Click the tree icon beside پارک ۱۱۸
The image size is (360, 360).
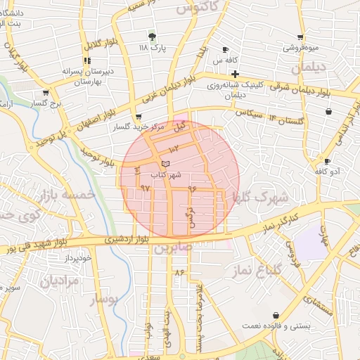pyautogui.click(x=152, y=36)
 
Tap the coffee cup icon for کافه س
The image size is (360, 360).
pyautogui.click(x=225, y=50)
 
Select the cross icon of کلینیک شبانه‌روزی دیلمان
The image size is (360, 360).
pyautogui.click(x=235, y=74)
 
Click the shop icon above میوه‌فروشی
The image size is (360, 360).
pyautogui.click(x=300, y=37)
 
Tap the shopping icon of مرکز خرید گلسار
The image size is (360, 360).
pyautogui.click(x=139, y=117)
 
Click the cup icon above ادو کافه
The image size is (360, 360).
pyautogui.click(x=327, y=161)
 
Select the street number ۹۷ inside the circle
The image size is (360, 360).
pyautogui.click(x=146, y=188)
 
